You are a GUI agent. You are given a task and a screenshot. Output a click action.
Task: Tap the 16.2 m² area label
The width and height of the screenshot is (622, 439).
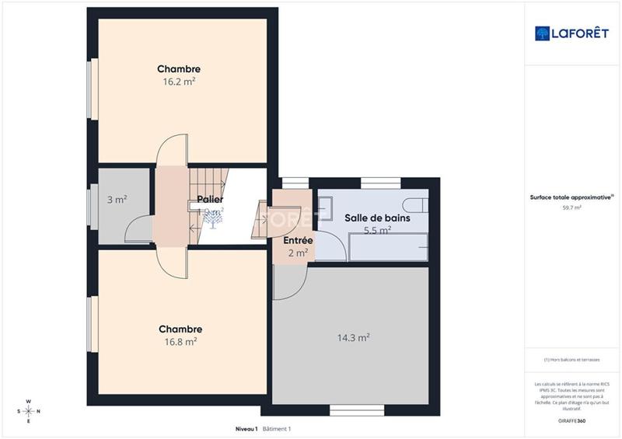(179, 81)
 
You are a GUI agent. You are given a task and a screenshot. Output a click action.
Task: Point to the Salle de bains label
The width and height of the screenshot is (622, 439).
(376, 218)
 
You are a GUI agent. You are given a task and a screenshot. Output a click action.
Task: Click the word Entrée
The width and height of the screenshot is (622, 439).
(298, 240)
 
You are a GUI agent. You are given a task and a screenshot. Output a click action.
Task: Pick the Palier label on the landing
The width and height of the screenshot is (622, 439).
(210, 200)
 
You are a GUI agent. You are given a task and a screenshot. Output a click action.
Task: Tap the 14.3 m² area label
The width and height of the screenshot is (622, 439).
(353, 337)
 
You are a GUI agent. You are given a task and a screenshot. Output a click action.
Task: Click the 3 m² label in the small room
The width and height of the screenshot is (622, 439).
(117, 200)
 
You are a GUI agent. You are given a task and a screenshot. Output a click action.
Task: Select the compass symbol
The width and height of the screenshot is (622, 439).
(29, 411)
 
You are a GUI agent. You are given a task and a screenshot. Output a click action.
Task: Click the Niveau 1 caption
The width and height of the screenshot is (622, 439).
(247, 429)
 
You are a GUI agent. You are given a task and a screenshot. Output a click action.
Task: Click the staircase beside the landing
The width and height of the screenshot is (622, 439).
(213, 183)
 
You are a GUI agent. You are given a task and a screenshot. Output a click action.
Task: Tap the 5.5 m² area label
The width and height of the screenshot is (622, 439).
(376, 230)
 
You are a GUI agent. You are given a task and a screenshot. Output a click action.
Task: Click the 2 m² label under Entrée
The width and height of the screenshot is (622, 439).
(298, 252)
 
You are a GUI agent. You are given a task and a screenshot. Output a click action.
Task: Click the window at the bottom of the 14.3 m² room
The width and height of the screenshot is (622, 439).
(353, 409)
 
